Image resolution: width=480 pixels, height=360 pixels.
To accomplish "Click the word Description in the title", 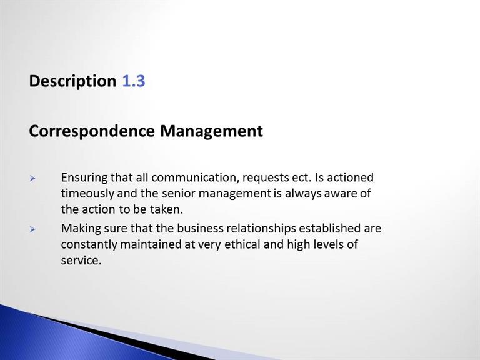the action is [72, 81].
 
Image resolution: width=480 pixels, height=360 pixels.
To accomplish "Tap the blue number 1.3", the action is [134, 81].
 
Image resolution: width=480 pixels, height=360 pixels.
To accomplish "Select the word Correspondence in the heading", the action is [92, 131].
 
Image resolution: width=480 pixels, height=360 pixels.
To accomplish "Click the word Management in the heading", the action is [211, 131].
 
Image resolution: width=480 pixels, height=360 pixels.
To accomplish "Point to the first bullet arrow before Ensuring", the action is [32, 179].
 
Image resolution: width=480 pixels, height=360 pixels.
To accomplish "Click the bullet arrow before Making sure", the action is [32, 229].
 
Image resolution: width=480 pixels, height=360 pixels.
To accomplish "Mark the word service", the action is [81, 261].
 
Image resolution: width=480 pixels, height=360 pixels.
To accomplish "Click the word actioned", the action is [350, 178].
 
